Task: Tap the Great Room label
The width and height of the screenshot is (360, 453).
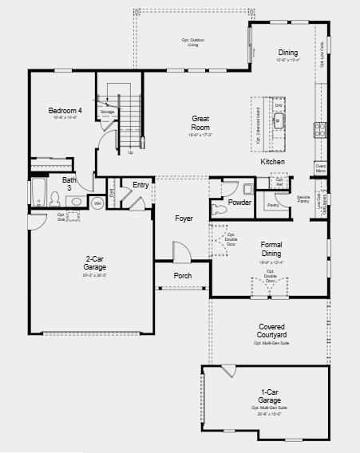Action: (x=200, y=122)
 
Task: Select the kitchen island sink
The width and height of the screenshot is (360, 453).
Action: (x=280, y=121)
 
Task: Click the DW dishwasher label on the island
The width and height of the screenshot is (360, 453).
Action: (x=279, y=105)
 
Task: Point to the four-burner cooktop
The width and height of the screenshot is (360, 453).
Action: (x=320, y=128)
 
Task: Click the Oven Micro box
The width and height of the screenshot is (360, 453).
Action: (x=320, y=168)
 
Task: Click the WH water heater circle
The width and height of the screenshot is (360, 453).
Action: (x=97, y=203)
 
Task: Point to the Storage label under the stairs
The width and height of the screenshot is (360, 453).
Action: (x=107, y=112)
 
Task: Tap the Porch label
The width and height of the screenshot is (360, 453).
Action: (x=183, y=276)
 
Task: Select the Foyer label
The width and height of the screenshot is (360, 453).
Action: (x=184, y=217)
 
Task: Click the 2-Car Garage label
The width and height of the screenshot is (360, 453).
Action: (x=93, y=263)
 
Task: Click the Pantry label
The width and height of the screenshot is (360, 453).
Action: (x=273, y=205)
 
